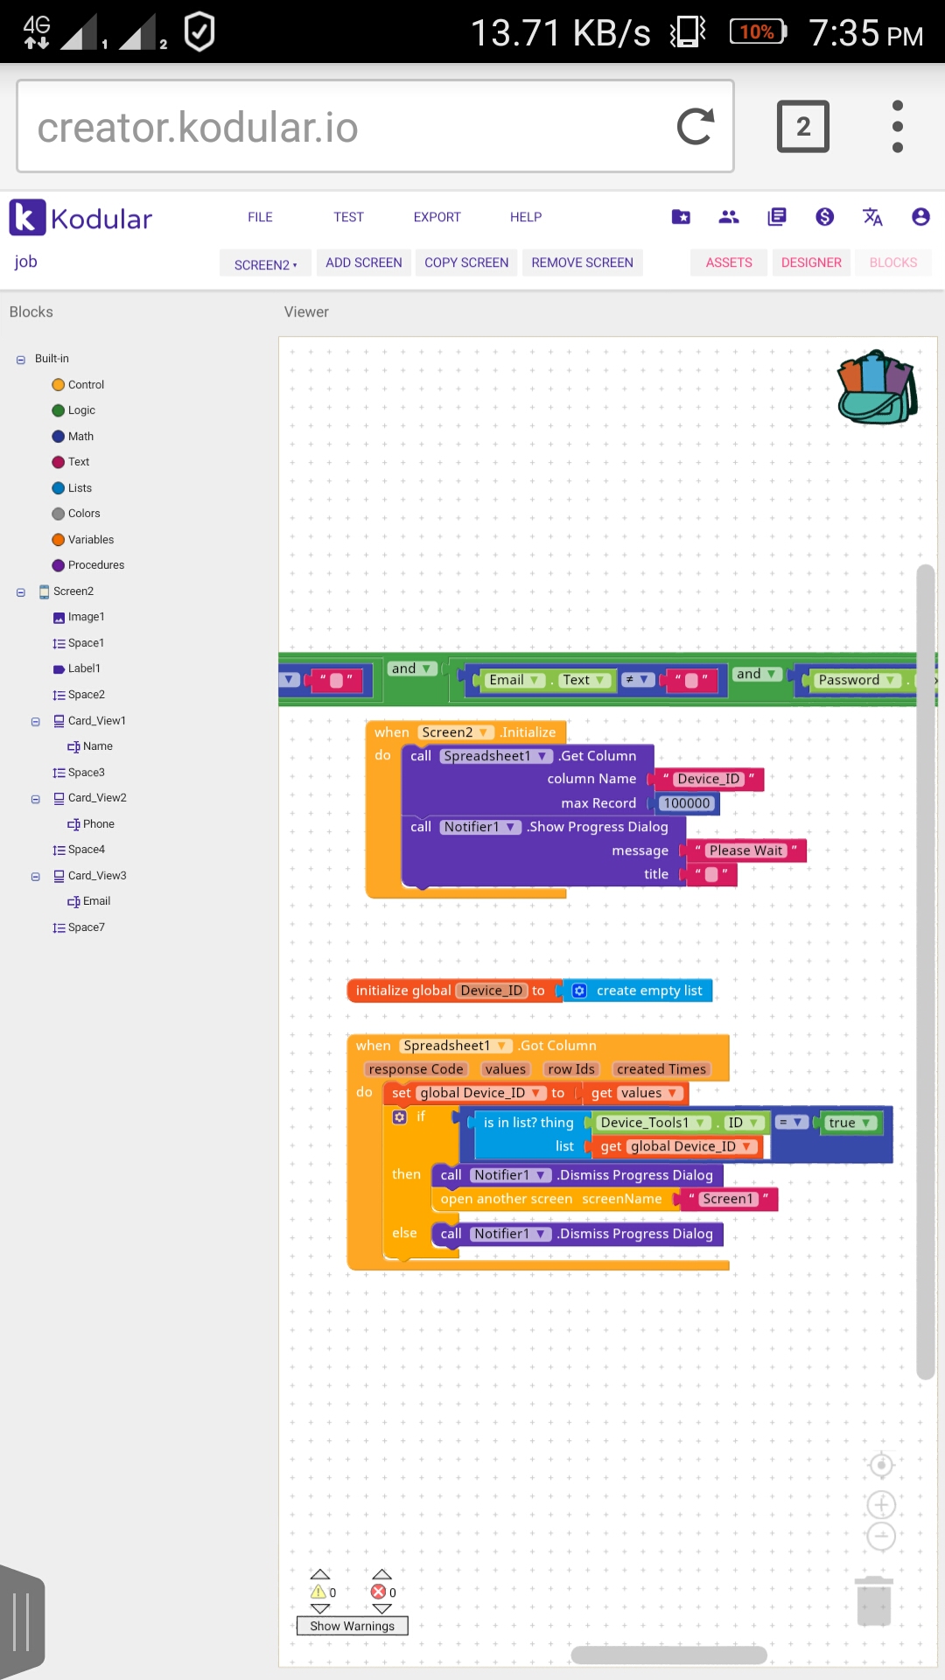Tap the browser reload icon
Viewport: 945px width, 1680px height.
[x=696, y=127]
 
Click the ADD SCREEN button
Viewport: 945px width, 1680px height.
[x=364, y=262]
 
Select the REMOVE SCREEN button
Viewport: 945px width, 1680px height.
[x=582, y=262]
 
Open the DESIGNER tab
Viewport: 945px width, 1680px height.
[x=811, y=262]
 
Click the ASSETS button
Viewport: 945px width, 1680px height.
[x=729, y=262]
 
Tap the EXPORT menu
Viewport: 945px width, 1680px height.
[x=437, y=217]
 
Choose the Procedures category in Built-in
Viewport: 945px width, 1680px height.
[x=95, y=565]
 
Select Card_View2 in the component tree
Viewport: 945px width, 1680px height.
[x=97, y=798]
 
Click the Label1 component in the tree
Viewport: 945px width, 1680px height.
[x=84, y=668]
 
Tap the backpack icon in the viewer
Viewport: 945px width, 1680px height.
[x=878, y=388]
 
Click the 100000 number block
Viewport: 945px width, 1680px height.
[x=687, y=803]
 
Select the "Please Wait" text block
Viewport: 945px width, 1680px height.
[x=745, y=850]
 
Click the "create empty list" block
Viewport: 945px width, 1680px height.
[x=647, y=990]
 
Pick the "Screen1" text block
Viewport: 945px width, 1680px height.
[x=727, y=1199]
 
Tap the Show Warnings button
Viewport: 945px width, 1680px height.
[x=352, y=1626]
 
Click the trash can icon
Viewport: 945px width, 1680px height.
[x=873, y=1600]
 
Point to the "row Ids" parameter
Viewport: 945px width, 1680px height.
[x=570, y=1069]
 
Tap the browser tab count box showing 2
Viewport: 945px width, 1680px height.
[x=802, y=127]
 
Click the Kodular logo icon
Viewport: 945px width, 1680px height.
[x=27, y=217]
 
